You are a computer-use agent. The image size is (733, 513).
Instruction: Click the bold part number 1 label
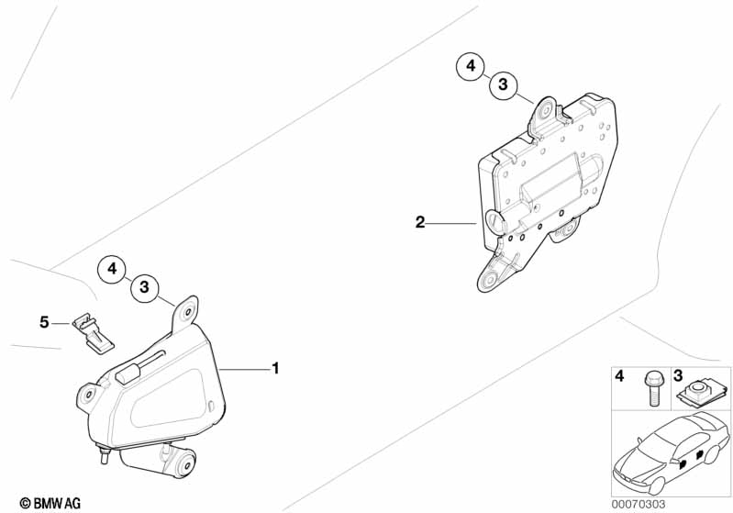point(276,369)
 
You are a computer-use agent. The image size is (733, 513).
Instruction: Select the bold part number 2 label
point(420,222)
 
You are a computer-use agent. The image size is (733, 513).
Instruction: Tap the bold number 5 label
point(44,322)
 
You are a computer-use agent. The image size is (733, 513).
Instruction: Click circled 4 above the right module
point(471,66)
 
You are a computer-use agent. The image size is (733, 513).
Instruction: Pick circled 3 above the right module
point(503,84)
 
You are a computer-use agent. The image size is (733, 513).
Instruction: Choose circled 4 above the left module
point(112,269)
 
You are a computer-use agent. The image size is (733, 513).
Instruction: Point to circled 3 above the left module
point(144,286)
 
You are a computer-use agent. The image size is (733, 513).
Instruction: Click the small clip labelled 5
point(93,332)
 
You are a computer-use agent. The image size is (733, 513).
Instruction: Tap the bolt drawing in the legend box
point(653,388)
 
